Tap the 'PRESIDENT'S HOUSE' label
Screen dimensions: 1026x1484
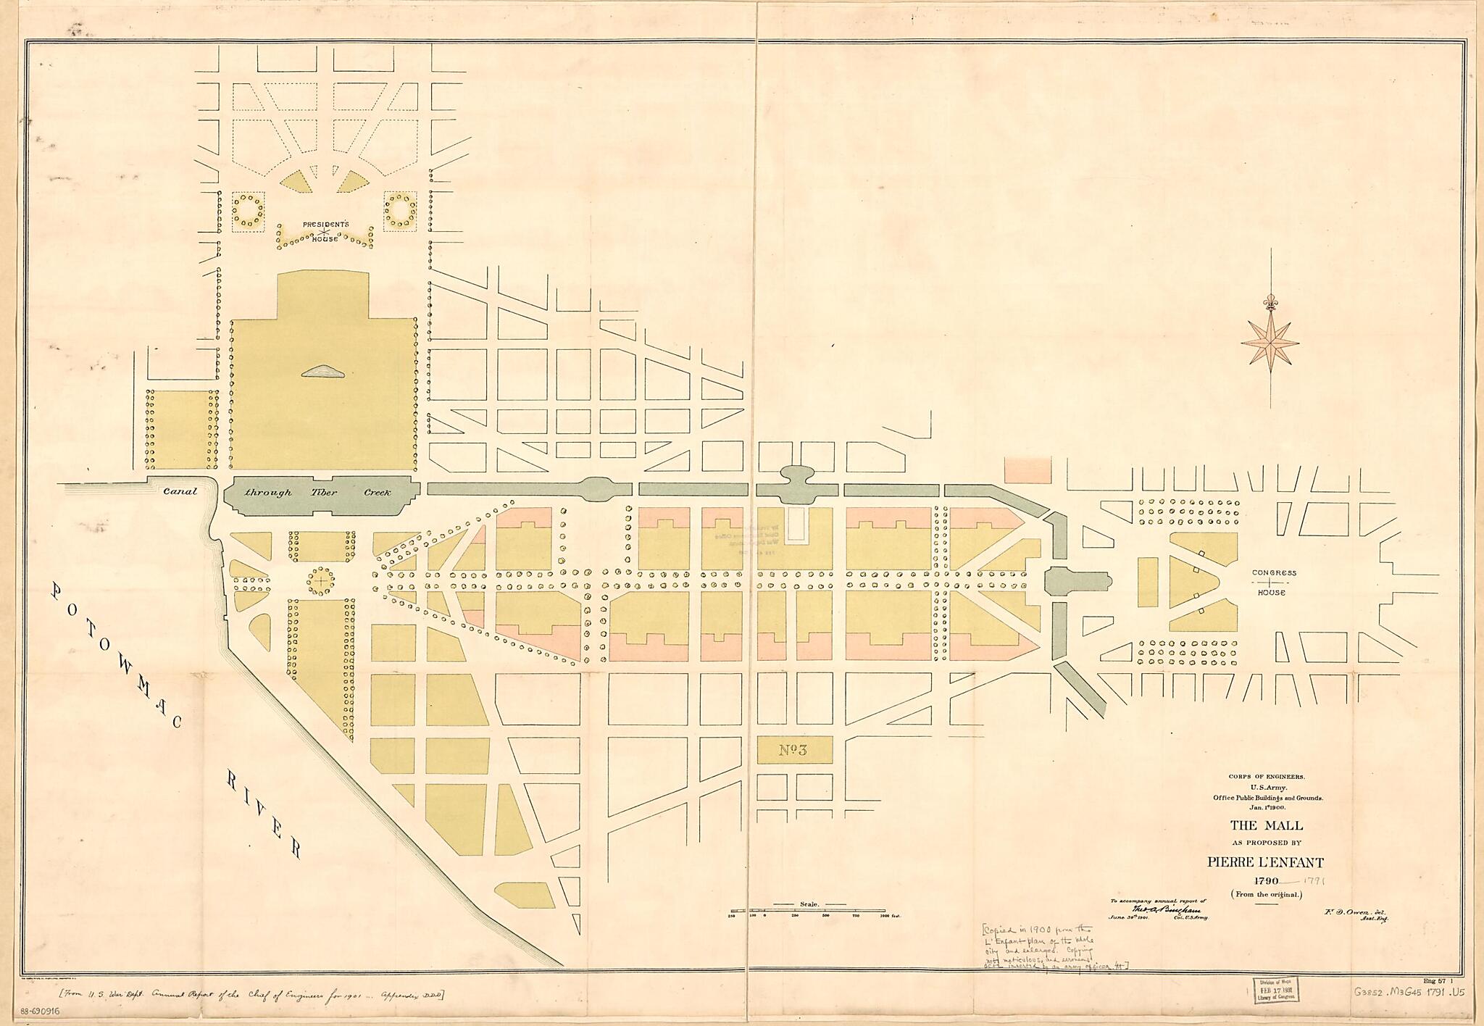pyautogui.click(x=325, y=231)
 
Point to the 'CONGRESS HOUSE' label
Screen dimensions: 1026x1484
pyautogui.click(x=1275, y=583)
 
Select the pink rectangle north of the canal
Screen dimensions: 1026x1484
pyautogui.click(x=1027, y=470)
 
